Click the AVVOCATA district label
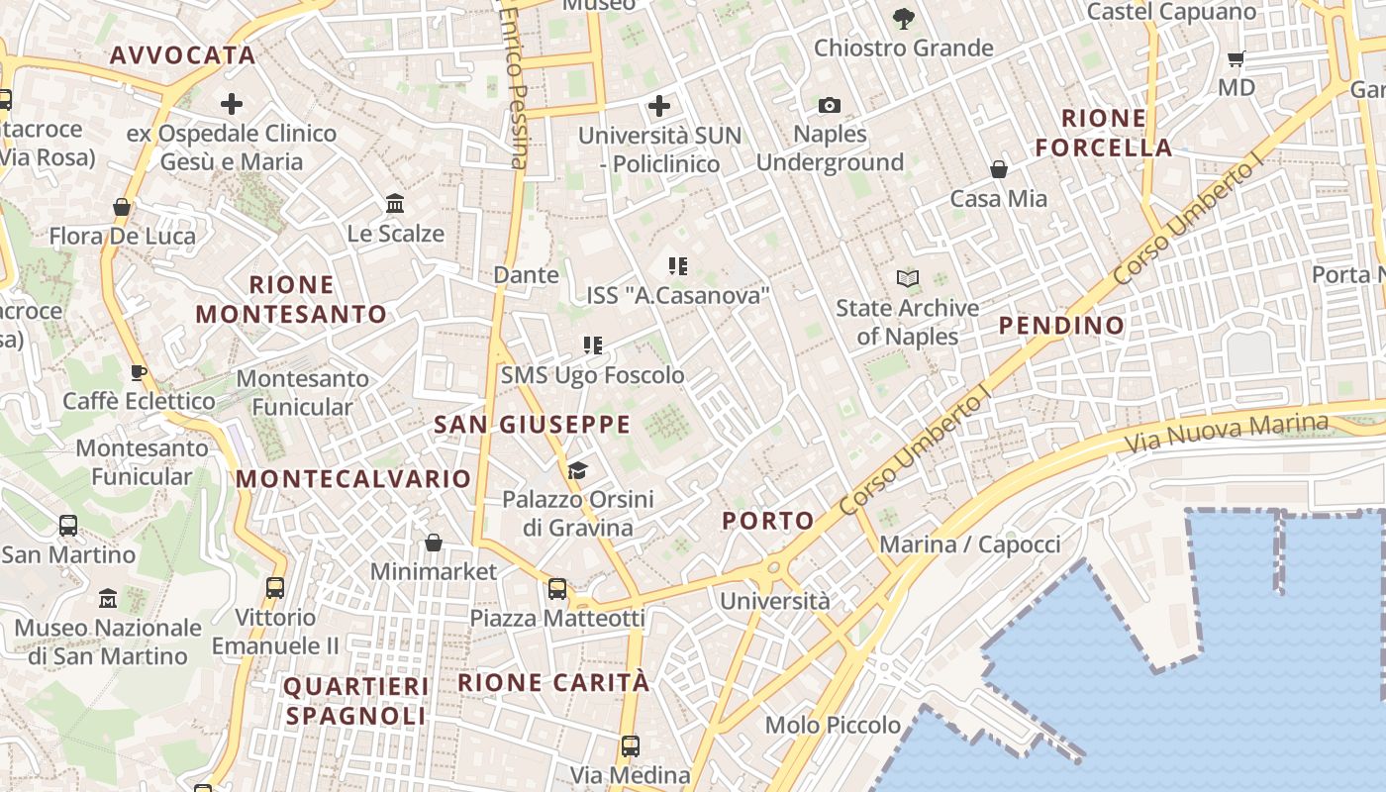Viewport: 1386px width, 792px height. (x=183, y=55)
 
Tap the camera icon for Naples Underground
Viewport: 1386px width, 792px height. (x=830, y=105)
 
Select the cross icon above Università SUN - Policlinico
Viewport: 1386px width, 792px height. (x=659, y=106)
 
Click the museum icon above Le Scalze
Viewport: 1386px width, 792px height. (x=396, y=204)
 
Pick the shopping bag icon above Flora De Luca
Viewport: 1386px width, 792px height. (x=122, y=207)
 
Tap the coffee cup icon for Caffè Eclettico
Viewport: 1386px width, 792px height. (x=139, y=372)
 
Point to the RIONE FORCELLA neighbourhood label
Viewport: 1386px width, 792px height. (x=1104, y=133)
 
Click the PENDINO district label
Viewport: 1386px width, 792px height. (x=1061, y=326)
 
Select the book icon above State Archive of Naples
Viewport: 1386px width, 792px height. (x=908, y=279)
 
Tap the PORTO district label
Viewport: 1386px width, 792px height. (x=768, y=521)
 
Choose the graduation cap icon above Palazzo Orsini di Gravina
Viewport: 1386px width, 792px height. (x=578, y=470)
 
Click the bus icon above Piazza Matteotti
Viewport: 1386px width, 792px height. (x=557, y=589)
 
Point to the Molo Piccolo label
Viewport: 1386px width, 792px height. (x=833, y=726)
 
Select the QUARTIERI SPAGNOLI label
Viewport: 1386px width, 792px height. (x=356, y=701)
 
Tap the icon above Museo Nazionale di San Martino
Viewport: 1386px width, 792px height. (x=108, y=599)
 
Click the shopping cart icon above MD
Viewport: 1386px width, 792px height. (x=1236, y=58)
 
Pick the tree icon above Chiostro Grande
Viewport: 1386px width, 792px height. (x=903, y=18)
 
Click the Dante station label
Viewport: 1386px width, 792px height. (x=526, y=275)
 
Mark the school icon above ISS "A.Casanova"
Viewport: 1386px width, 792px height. (x=678, y=265)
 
